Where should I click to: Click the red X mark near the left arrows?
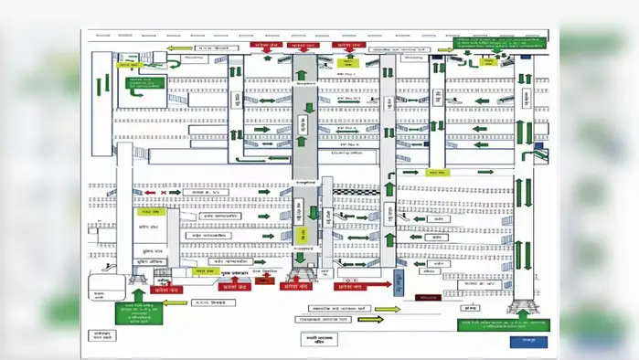165,193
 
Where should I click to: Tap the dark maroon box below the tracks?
424,297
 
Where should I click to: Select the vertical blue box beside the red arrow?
399,280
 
